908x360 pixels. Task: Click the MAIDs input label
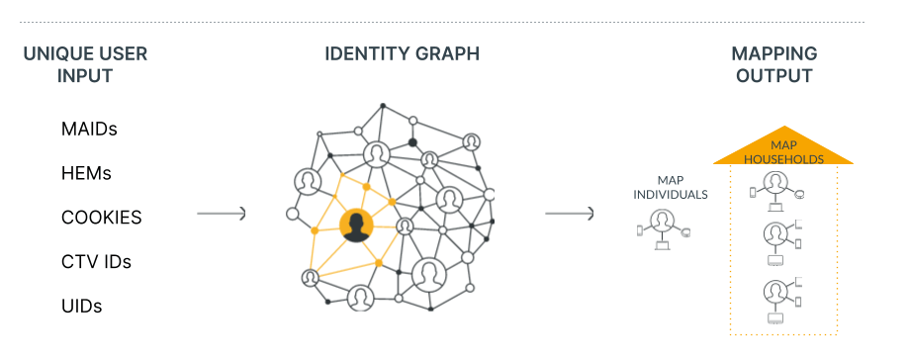pos(89,129)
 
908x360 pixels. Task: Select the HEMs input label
pos(86,173)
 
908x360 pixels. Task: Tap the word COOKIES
pos(101,218)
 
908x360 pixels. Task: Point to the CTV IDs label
pos(96,262)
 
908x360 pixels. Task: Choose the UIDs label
pos(81,307)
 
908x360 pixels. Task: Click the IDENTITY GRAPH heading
pos(402,53)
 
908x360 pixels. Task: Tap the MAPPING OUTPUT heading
pos(773,64)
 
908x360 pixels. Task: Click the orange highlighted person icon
pos(353,225)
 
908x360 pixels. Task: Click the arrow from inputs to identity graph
pos(221,214)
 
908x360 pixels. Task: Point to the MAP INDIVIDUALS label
pos(670,187)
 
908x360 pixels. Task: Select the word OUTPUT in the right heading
pos(773,76)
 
